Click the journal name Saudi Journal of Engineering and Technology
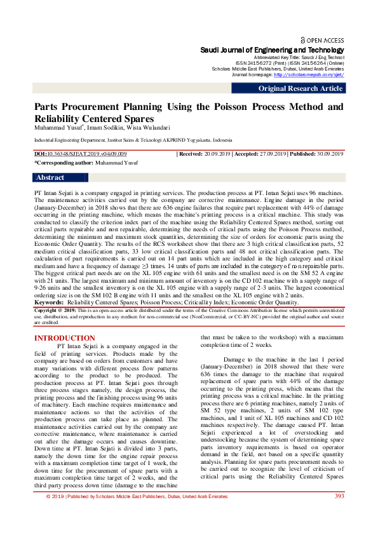272,50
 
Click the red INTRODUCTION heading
64,338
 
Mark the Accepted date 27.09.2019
269,154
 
